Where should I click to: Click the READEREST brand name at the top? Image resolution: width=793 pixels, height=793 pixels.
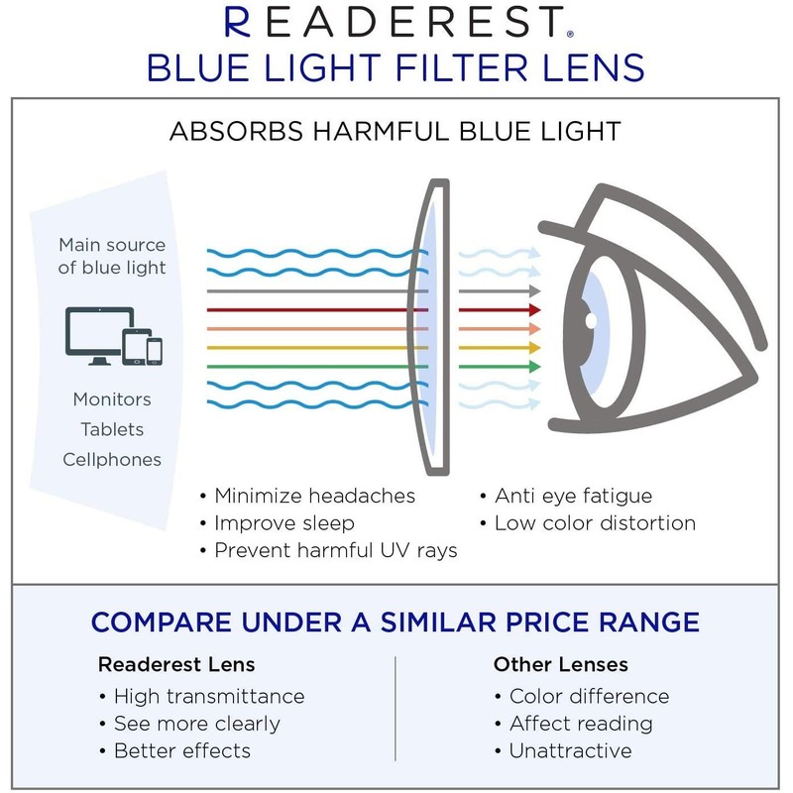[396, 21]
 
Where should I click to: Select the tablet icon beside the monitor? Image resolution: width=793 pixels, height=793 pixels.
[134, 345]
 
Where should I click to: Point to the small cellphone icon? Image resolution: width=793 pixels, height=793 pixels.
[155, 350]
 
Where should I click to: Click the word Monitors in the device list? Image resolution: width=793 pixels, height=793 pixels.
[112, 399]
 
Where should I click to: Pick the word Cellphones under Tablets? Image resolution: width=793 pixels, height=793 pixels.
[112, 459]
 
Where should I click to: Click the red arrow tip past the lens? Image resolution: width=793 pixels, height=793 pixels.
[533, 310]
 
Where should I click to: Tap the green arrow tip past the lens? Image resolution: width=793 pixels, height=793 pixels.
[533, 367]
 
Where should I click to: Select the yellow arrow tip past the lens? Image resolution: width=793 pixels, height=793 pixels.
[533, 348]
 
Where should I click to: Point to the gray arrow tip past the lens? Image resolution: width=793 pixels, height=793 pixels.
[533, 291]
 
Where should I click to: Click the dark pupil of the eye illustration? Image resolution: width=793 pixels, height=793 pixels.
[589, 321]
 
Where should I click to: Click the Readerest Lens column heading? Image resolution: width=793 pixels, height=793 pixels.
[176, 664]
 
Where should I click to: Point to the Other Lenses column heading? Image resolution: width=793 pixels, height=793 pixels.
[561, 664]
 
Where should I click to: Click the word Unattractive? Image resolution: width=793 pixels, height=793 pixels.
[570, 750]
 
